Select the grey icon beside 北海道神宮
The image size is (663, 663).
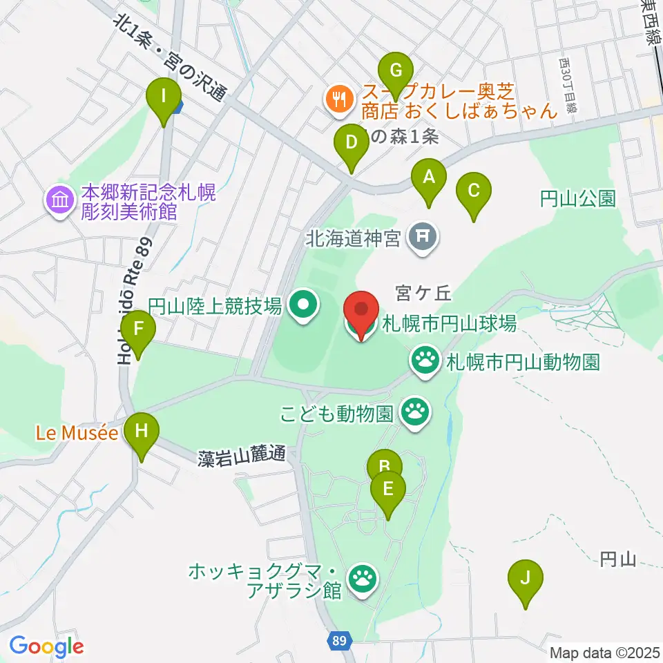click(422, 238)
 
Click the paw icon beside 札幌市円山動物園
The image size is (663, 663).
click(425, 360)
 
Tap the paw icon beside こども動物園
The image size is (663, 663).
click(416, 414)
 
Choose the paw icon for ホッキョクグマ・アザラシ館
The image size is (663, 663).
click(363, 579)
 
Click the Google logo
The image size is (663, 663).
click(47, 647)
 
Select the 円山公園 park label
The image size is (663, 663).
click(577, 200)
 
